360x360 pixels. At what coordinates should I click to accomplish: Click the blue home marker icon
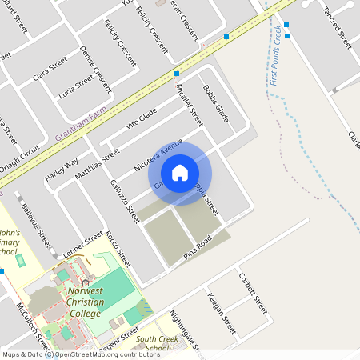pos(180,173)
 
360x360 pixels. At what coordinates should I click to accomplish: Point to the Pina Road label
pos(199,246)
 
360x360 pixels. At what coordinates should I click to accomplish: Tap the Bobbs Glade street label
pos(216,103)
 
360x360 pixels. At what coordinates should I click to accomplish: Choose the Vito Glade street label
pos(142,119)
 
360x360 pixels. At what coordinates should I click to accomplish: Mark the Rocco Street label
pos(118,249)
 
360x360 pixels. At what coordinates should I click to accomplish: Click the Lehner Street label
pos(83,243)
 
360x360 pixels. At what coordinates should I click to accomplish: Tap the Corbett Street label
pos(252,292)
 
